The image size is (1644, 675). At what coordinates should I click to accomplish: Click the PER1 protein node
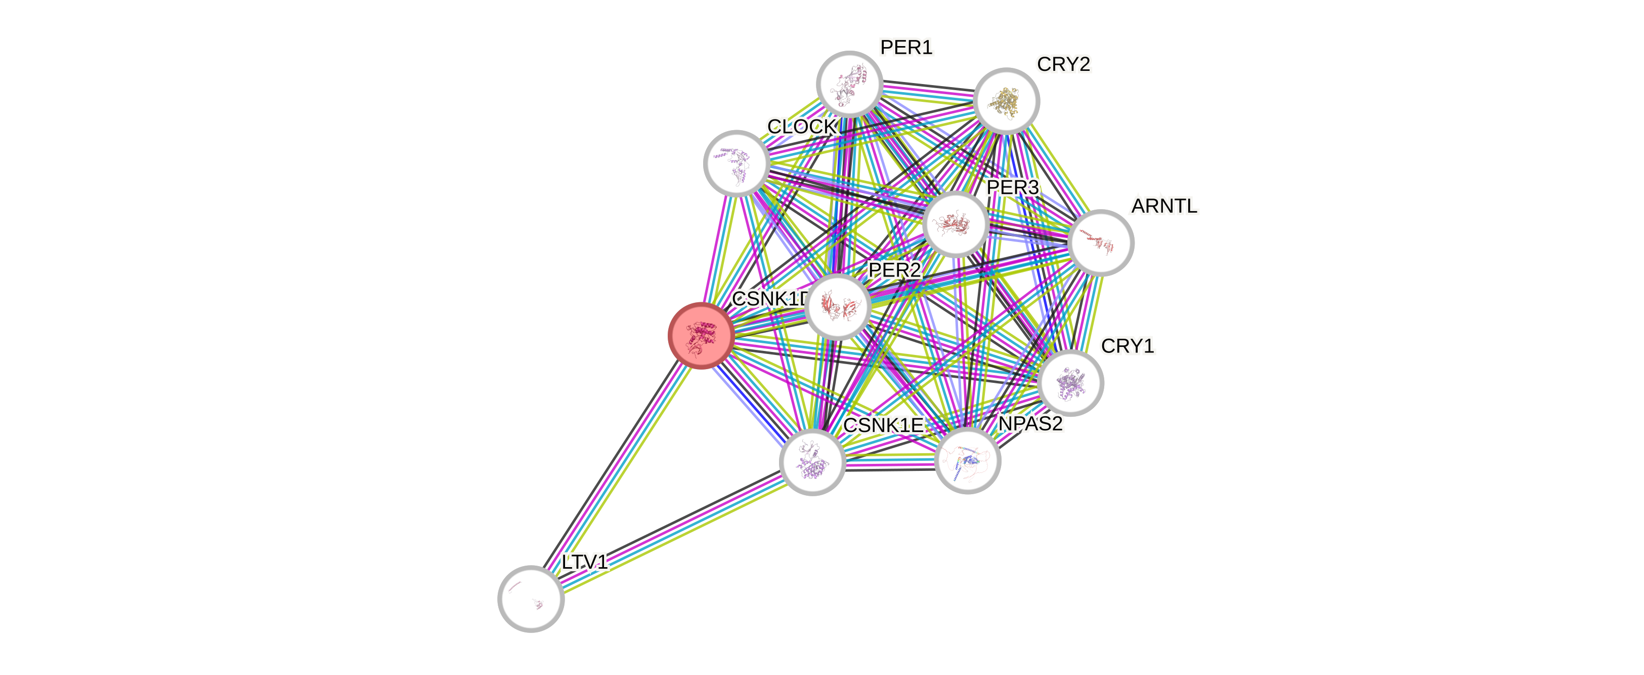pyautogui.click(x=849, y=84)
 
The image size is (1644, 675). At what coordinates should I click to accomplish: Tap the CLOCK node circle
pyautogui.click(x=737, y=163)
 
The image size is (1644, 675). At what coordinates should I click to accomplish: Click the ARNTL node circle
pyautogui.click(x=1100, y=243)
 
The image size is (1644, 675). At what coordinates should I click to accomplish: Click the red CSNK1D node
pyautogui.click(x=700, y=336)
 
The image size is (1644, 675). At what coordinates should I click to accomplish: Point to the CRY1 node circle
pyautogui.click(x=1070, y=382)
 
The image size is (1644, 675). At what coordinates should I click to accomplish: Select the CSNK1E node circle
pyautogui.click(x=812, y=461)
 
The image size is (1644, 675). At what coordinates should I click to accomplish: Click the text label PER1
pyautogui.click(x=906, y=47)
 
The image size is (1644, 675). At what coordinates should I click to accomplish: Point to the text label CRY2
pyautogui.click(x=1064, y=64)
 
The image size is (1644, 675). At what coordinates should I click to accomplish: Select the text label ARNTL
pyautogui.click(x=1164, y=206)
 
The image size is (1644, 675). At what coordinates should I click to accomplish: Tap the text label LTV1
pyautogui.click(x=585, y=562)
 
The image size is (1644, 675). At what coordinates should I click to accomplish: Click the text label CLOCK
pyautogui.click(x=802, y=127)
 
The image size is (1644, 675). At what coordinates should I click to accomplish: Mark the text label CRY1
pyautogui.click(x=1128, y=346)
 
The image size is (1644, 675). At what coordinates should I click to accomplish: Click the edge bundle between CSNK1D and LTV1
pyautogui.click(x=616, y=467)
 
